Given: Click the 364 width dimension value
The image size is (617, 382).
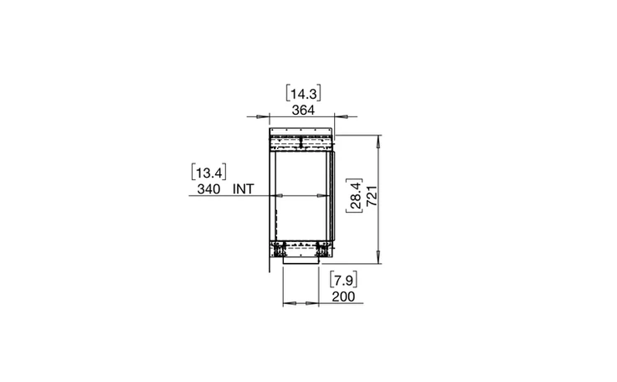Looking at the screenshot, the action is tap(303, 111).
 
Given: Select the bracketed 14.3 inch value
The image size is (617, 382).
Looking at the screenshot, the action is tap(303, 94).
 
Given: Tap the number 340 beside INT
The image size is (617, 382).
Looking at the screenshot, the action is tap(208, 189).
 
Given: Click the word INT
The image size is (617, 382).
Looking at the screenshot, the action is tap(244, 189).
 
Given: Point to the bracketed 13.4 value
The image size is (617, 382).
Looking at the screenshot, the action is tap(208, 173).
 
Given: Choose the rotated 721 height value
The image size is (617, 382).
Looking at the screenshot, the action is tap(373, 196).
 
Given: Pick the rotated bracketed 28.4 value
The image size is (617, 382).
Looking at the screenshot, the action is tap(355, 196).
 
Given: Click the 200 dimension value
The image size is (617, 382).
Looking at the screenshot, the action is tap(343, 297).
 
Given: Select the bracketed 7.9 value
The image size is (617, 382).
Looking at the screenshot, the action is tap(343, 281).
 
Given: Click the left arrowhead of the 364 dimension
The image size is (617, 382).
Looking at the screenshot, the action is tap(260, 116).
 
